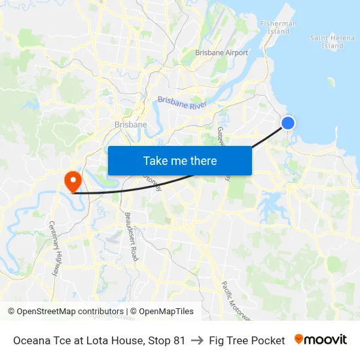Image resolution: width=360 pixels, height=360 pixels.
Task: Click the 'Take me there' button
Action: click(180, 161)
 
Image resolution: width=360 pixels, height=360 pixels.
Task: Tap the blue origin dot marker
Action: click(287, 123)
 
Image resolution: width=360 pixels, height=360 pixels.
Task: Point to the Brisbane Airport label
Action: click(222, 53)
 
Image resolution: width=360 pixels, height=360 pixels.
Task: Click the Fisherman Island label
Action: click(278, 27)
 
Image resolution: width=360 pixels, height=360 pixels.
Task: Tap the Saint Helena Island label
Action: click(332, 42)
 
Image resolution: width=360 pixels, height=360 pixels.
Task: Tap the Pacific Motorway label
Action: click(235, 298)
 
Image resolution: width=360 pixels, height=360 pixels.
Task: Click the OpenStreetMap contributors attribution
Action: click(65, 312)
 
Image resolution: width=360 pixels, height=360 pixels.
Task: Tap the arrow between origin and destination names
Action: click(197, 340)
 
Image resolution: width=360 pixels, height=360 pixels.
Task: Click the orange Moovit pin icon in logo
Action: click(299, 339)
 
